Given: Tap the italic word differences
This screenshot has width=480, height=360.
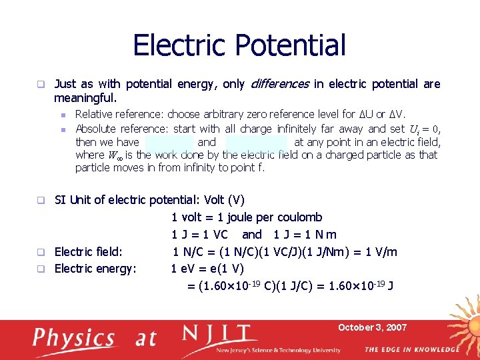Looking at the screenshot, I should (x=279, y=84).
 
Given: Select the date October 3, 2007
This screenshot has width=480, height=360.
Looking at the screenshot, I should (x=372, y=327).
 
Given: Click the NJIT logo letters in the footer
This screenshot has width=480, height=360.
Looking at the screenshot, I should (x=219, y=335).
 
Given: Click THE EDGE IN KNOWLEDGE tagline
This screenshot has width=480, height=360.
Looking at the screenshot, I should (x=411, y=349).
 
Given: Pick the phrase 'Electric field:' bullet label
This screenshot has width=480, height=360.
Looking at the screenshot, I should (x=87, y=252).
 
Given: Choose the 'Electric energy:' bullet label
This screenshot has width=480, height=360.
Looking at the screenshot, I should (x=95, y=269).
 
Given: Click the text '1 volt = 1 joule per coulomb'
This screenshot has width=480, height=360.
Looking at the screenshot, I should (x=247, y=217).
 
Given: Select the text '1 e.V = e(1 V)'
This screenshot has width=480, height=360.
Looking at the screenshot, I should (x=207, y=269).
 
